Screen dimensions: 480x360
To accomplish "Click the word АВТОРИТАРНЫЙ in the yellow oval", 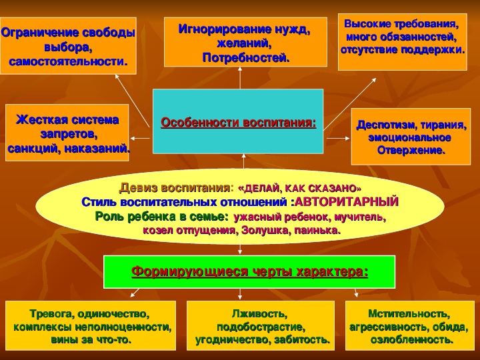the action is pos(347,202).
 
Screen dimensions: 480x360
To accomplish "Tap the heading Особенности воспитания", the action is pos(238,123).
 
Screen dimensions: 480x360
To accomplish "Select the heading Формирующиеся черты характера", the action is pos(249,271).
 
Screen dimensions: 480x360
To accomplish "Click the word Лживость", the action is pos(259,314).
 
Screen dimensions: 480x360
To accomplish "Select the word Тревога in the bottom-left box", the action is pos(52,314).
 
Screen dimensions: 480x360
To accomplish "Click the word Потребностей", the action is pos(246,57).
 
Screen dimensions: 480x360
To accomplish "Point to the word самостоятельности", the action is pos(68,62).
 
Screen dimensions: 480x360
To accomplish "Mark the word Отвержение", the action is pos(411,150).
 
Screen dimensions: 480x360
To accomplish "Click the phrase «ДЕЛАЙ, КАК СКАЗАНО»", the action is pos(299,188).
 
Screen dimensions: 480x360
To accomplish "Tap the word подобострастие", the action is pos(261,327).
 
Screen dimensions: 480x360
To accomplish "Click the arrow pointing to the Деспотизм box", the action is pos(338,139).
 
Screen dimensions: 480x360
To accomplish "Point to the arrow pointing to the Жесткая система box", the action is pos(140,139).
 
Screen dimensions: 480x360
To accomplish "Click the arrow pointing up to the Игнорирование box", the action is pos(240,78).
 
